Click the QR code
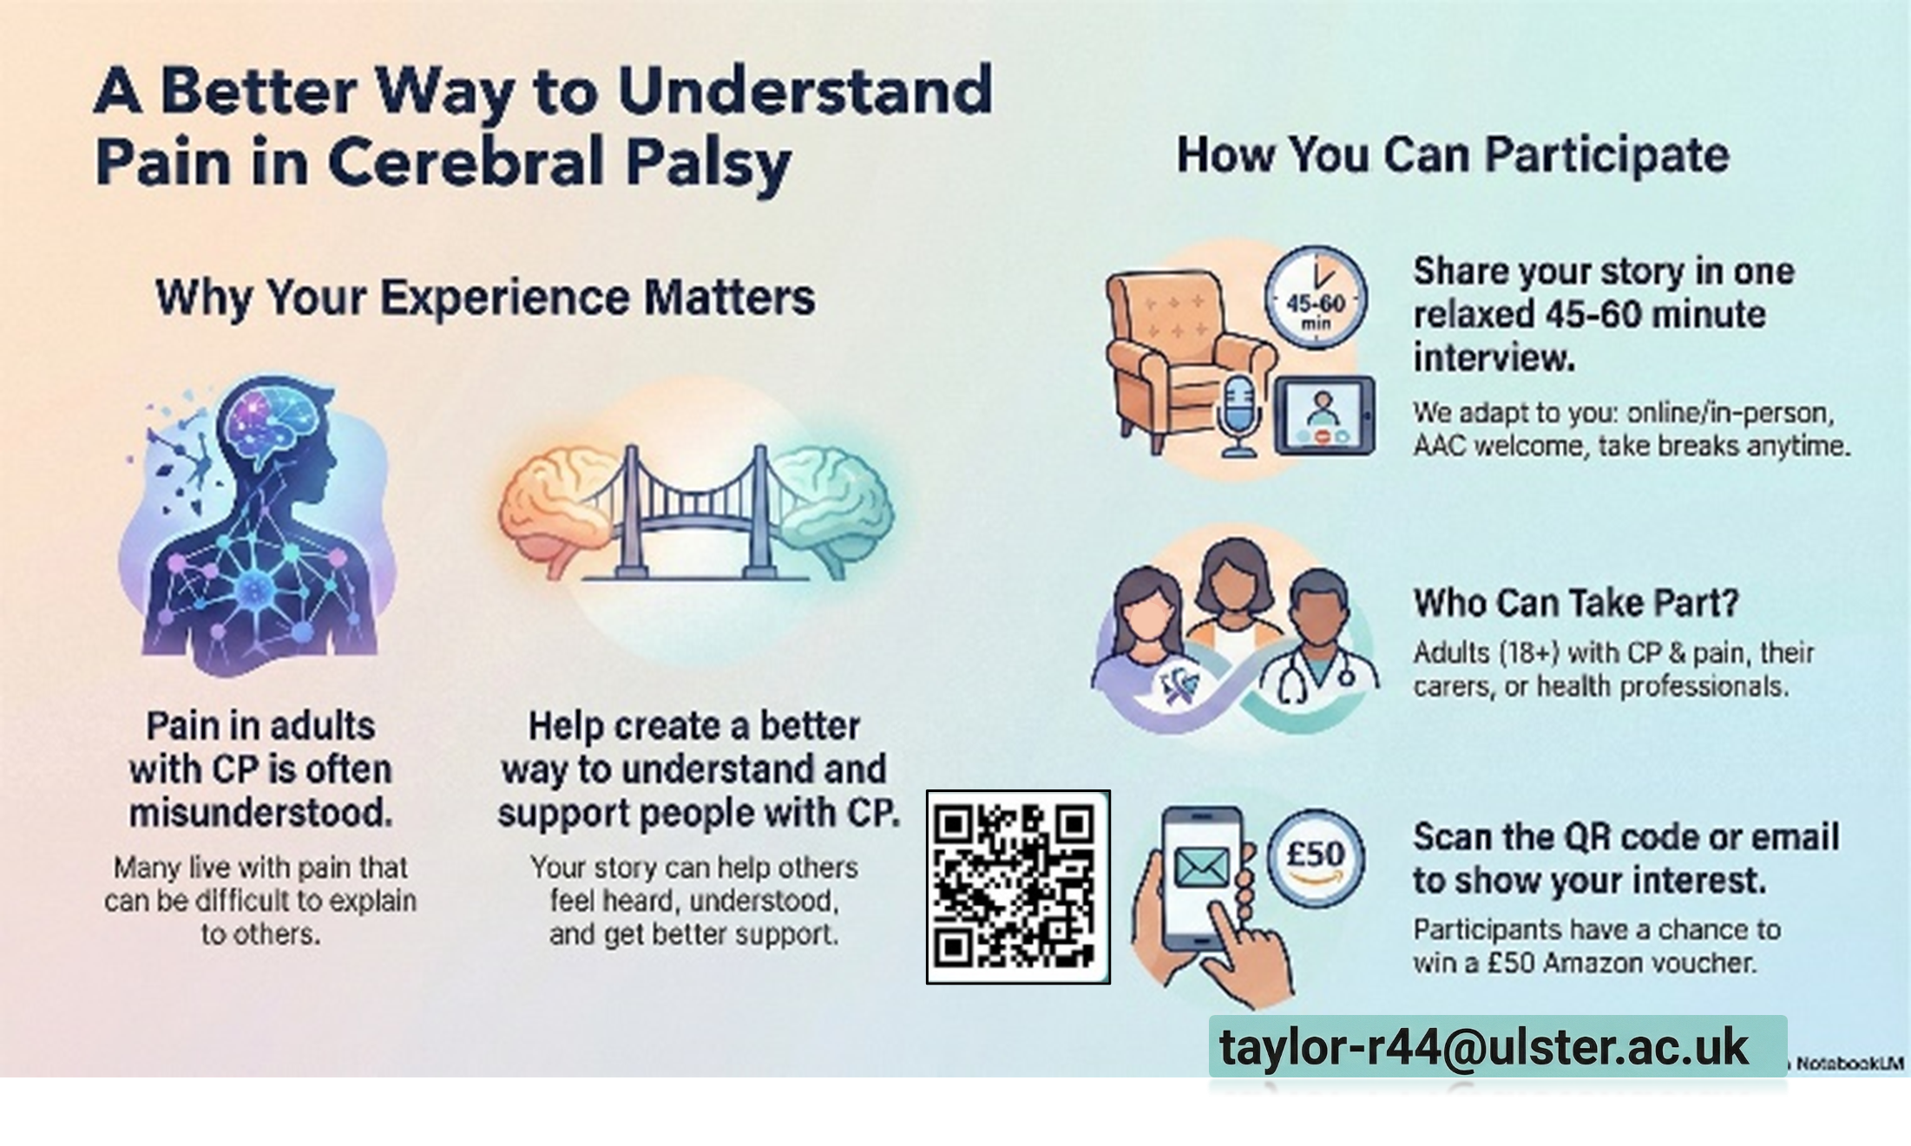point(1018,887)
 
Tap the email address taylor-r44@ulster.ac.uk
point(1484,1047)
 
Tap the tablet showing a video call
point(1324,415)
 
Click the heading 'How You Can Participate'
point(1452,156)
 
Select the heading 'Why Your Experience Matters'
point(485,298)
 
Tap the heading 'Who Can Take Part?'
point(1576,603)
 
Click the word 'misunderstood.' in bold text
point(260,814)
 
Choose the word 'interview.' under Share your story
point(1494,357)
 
